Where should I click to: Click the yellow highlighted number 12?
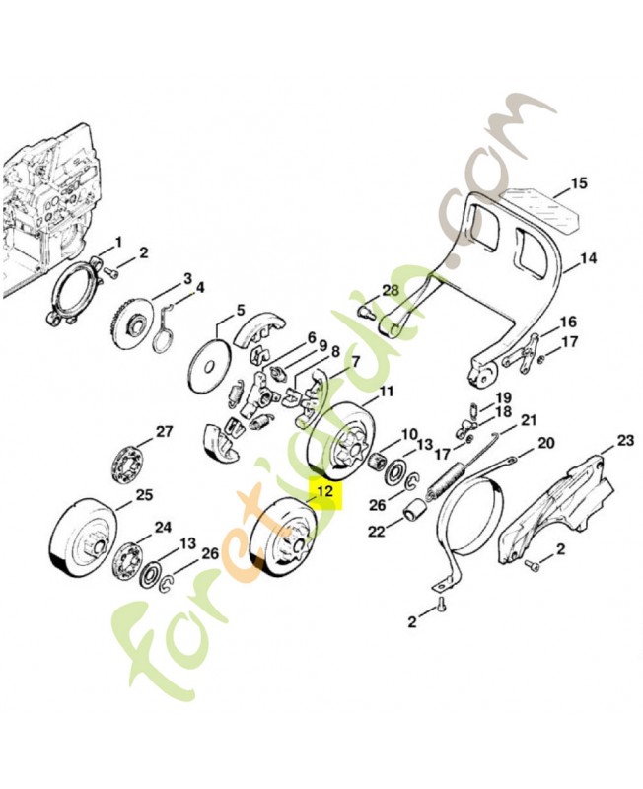[x=325, y=490]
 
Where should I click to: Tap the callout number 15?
[x=579, y=183]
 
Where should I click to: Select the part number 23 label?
[x=626, y=441]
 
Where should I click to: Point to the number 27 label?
[x=164, y=432]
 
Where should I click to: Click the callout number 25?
[x=144, y=495]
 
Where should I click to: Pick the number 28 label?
[x=390, y=290]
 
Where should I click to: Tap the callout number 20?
[x=546, y=443]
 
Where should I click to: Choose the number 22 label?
[x=377, y=531]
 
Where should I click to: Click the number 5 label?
[x=241, y=310]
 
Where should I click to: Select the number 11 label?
[x=386, y=392]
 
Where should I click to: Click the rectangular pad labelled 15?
[x=541, y=210]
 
